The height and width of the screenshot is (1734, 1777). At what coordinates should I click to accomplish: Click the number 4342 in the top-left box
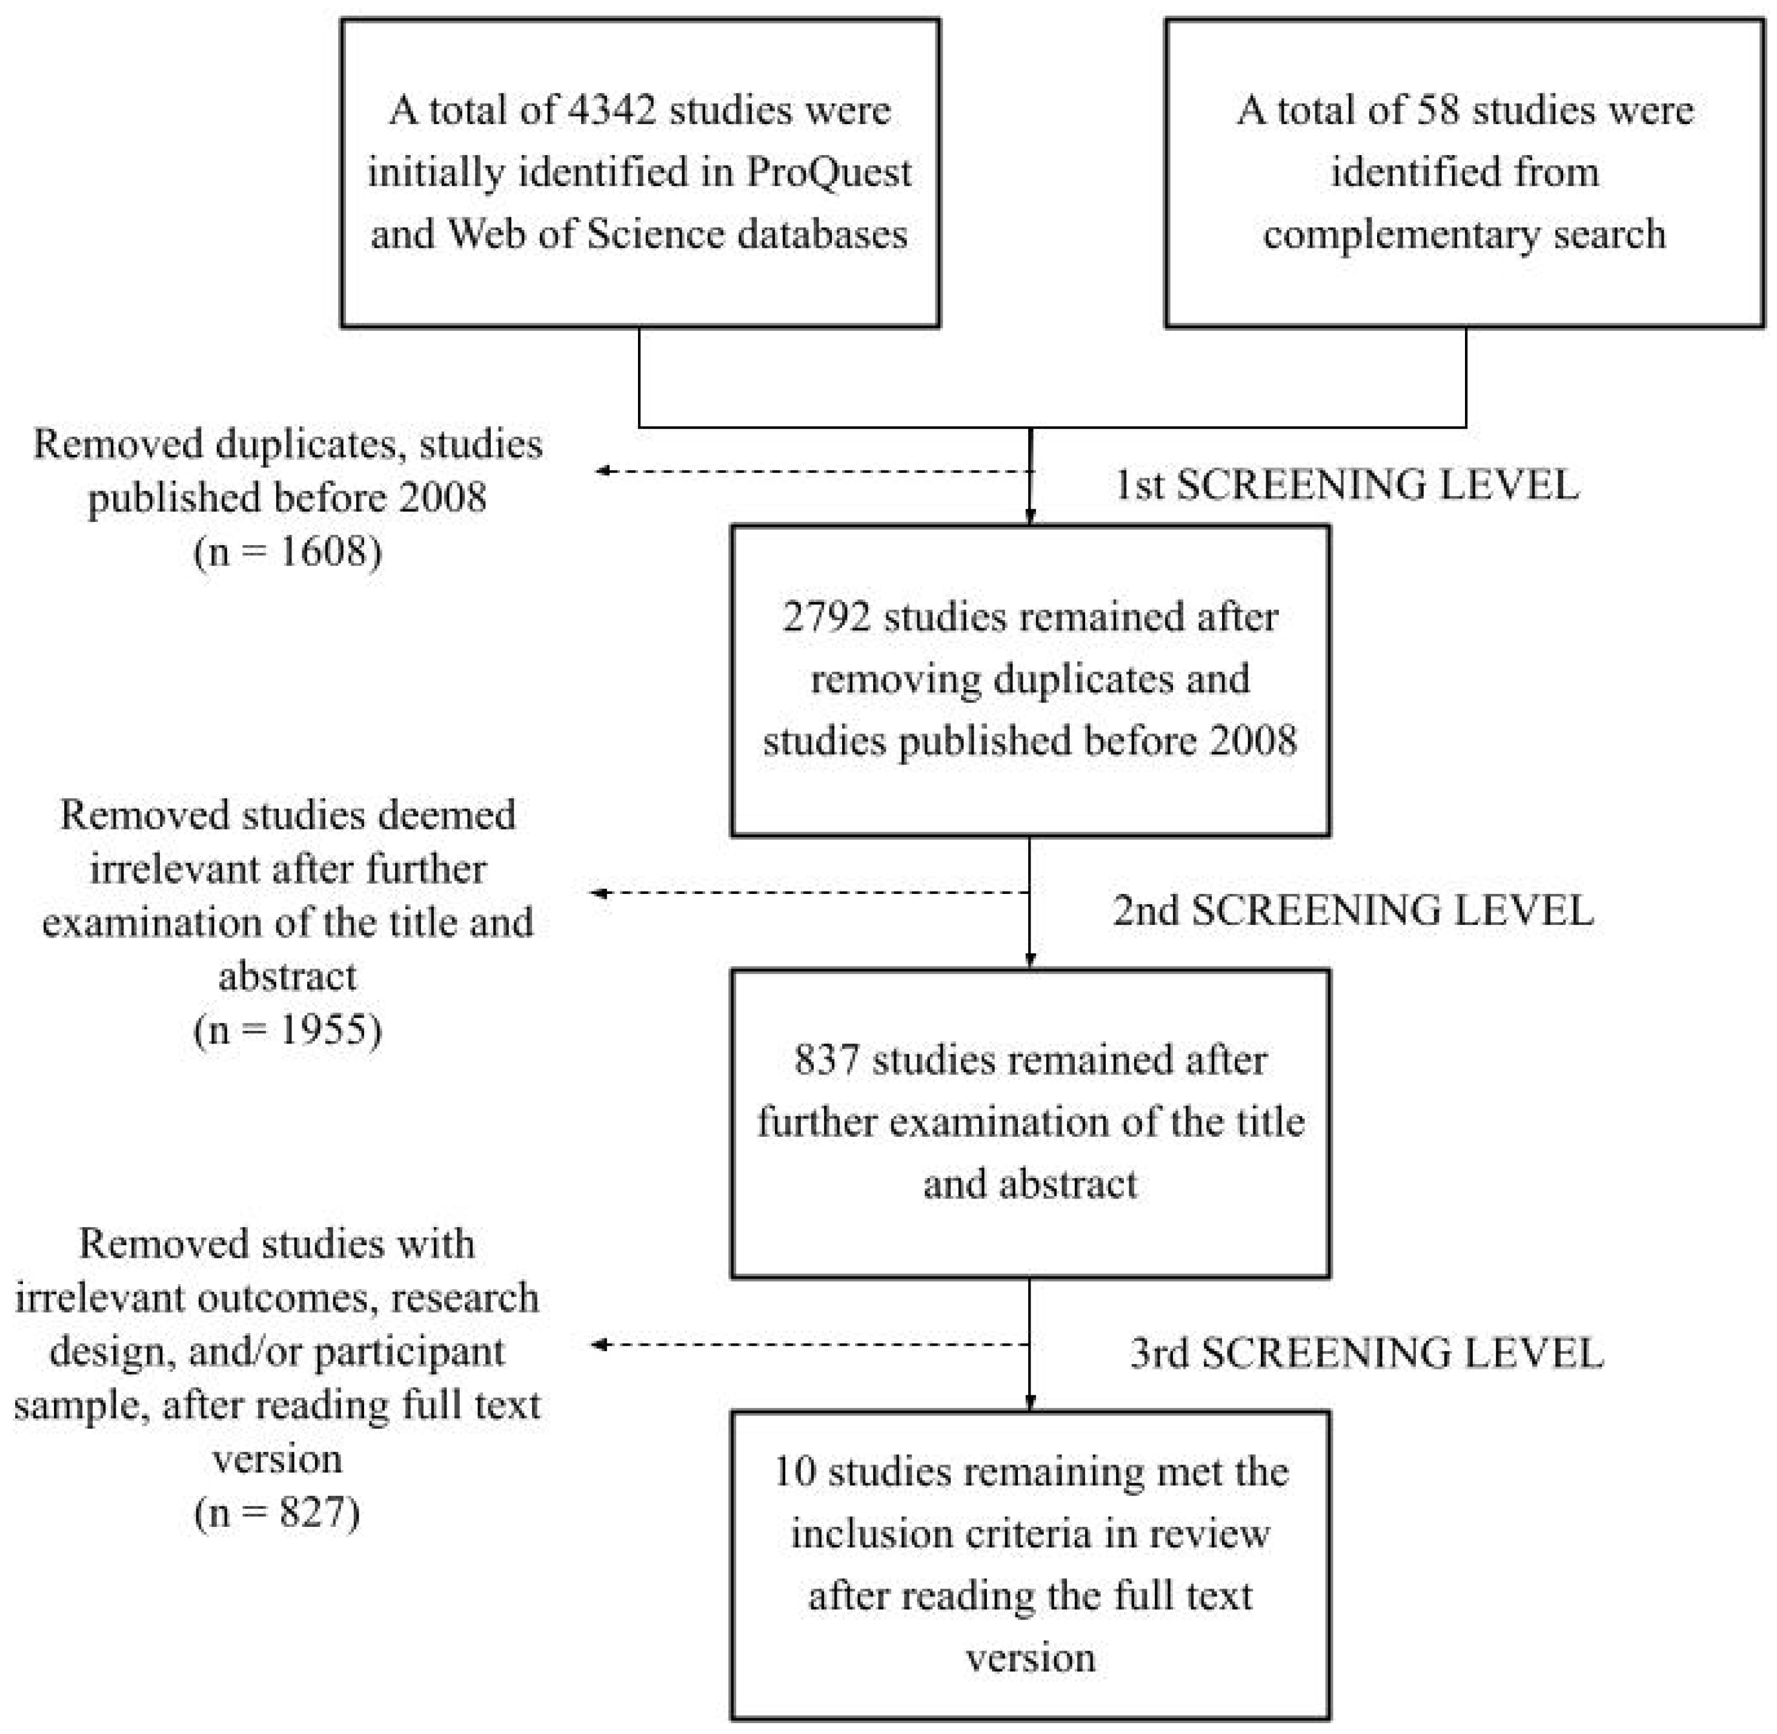(x=610, y=111)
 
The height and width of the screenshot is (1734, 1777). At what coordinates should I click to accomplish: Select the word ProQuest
(x=829, y=172)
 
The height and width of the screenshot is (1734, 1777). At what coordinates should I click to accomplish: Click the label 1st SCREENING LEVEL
(x=1347, y=485)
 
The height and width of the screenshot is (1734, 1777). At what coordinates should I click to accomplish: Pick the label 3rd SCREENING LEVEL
(x=1366, y=1352)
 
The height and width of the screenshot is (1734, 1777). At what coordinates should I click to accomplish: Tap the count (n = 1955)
(x=288, y=1030)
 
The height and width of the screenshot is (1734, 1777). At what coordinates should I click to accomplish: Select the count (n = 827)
(x=277, y=1513)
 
